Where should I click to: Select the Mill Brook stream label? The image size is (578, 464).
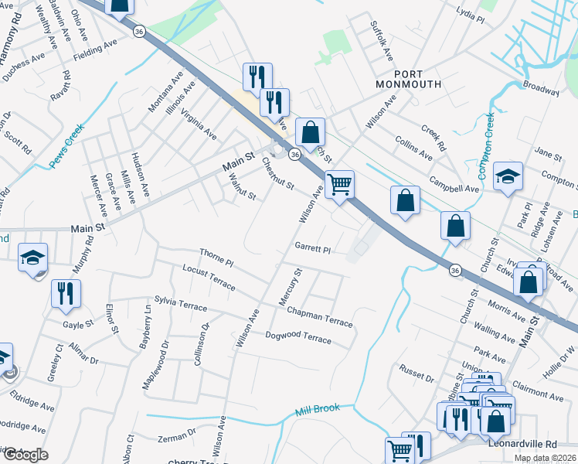coord(317,409)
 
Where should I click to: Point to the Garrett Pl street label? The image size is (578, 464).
coord(312,249)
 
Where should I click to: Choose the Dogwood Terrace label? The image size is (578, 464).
coord(298,338)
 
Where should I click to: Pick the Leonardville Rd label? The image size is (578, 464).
coord(522,445)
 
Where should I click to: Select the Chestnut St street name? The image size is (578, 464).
coord(277,175)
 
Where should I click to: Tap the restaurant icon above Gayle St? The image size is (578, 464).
coord(65,293)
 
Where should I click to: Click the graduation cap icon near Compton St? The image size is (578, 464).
coord(508,177)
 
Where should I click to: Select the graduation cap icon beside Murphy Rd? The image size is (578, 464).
coord(33,258)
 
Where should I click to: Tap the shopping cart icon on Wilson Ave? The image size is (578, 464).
coord(339,184)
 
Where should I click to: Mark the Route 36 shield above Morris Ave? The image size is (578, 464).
coord(456,270)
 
